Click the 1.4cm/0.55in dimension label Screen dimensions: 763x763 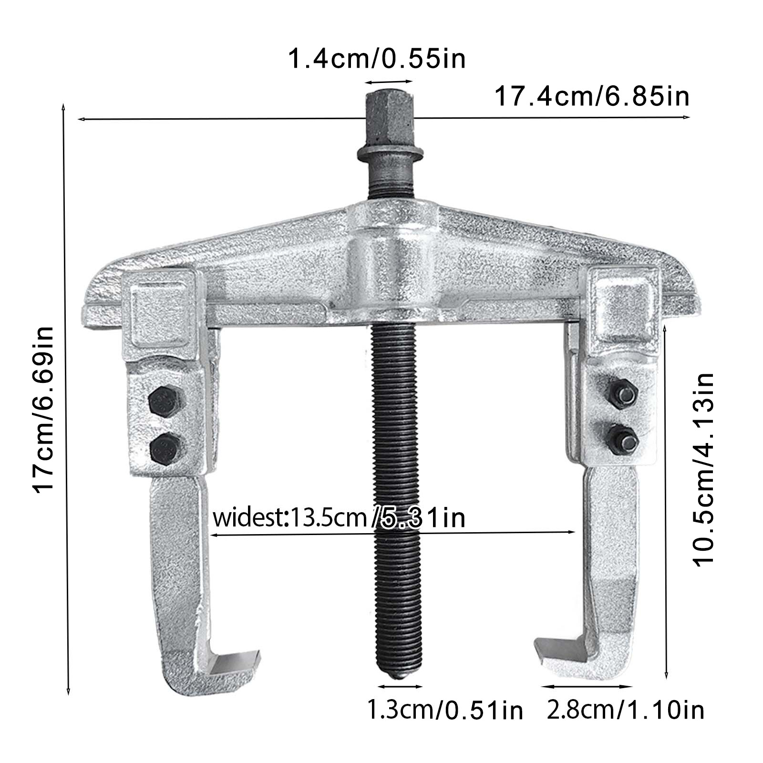tap(377, 59)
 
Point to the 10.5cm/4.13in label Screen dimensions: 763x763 tap(703, 470)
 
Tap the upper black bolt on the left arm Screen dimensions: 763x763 tap(166, 402)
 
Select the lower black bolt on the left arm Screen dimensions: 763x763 tap(166, 449)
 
